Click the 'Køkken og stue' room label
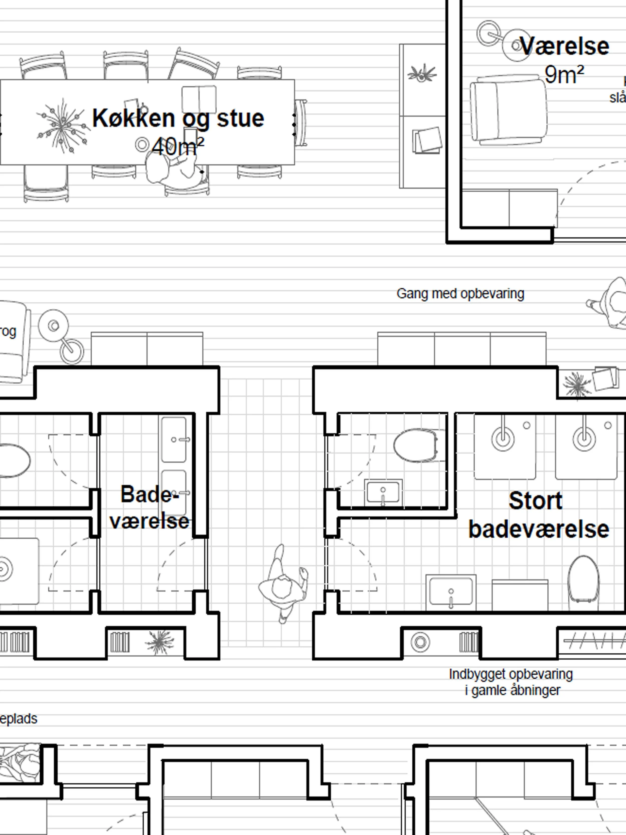(x=178, y=118)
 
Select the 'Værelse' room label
(x=564, y=46)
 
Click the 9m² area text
(x=564, y=74)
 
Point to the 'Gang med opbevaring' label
(x=460, y=294)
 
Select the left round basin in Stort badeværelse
(x=503, y=439)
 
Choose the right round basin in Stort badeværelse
(x=584, y=439)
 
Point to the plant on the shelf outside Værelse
(x=422, y=73)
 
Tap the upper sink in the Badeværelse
(x=174, y=439)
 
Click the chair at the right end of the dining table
(x=301, y=123)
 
